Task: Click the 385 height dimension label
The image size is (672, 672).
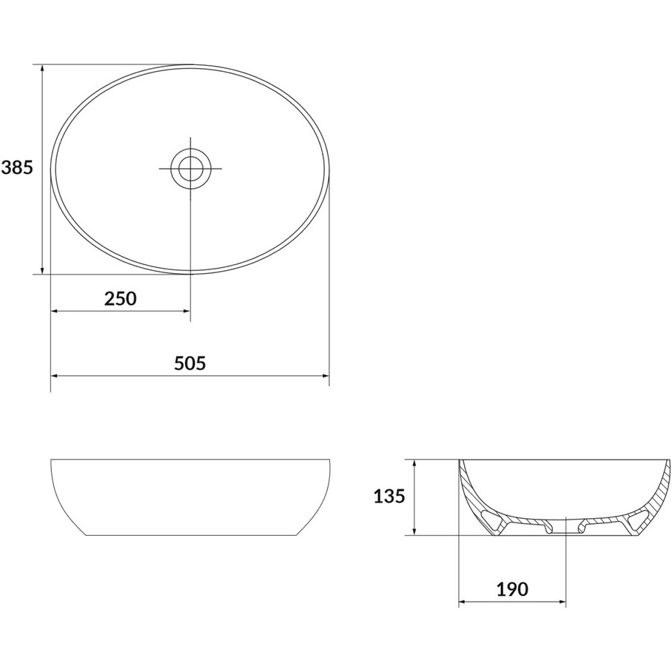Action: point(17,168)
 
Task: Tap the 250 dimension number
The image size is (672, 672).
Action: point(121,299)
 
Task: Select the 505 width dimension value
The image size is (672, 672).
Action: point(190,363)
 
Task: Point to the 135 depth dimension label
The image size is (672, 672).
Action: point(389,497)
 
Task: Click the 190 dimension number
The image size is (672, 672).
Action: point(512,589)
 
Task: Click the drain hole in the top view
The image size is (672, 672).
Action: point(191,169)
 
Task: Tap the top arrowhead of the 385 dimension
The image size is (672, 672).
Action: point(42,69)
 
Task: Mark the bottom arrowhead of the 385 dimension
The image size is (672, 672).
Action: point(42,269)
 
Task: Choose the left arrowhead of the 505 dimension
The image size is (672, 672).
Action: point(56,376)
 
